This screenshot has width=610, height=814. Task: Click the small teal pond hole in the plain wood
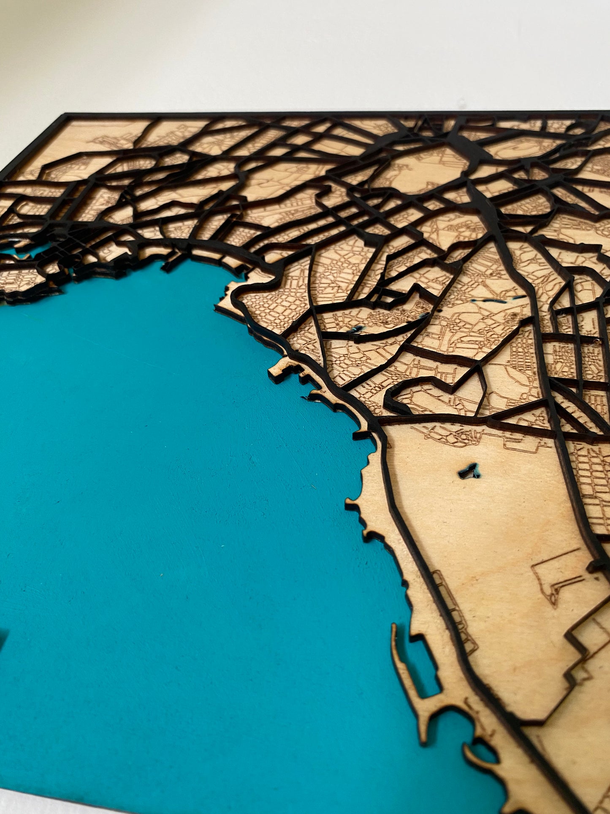pyautogui.click(x=470, y=471)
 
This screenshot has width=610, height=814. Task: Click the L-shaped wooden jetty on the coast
pyautogui.click(x=283, y=368)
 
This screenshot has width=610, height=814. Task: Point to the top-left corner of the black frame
pyautogui.click(x=63, y=115)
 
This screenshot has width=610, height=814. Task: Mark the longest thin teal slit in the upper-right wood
pyautogui.click(x=498, y=299)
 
